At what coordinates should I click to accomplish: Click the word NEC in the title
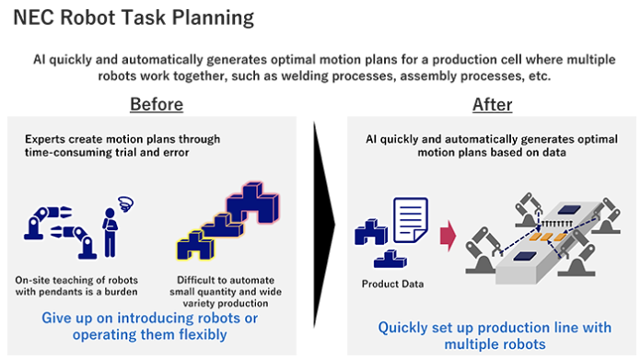(33, 16)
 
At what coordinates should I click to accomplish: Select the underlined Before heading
(156, 104)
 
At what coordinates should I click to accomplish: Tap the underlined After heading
(492, 104)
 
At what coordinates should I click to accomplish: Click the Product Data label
(393, 283)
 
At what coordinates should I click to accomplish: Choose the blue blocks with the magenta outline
(244, 208)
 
